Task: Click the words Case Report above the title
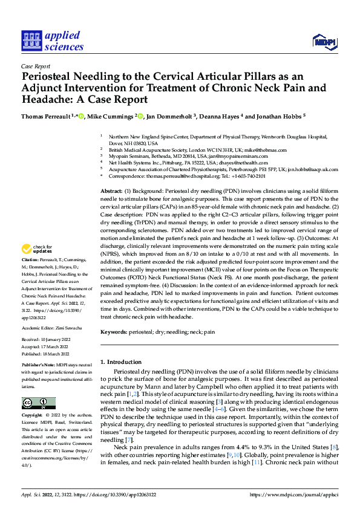point(36,67)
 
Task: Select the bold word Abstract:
point(111,190)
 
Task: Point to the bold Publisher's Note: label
point(40,367)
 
